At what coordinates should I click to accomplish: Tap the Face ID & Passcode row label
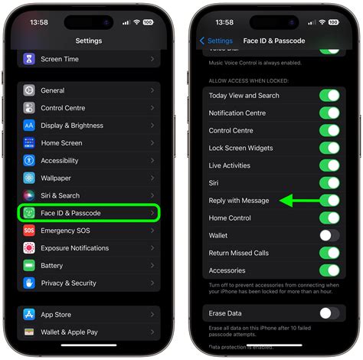coord(70,213)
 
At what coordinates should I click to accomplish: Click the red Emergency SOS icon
coord(29,231)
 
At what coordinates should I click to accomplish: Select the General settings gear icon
coord(29,90)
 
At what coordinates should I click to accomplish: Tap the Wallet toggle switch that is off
coord(329,235)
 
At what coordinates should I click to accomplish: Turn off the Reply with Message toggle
coord(329,201)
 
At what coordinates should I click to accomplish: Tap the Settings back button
coord(216,41)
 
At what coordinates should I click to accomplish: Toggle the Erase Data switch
coord(329,313)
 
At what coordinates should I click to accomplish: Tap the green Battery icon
coord(29,266)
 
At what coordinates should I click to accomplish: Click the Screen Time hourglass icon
coord(29,58)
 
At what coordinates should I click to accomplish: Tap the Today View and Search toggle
coord(329,96)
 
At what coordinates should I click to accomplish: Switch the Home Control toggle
coord(329,218)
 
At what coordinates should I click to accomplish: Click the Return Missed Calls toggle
coord(329,253)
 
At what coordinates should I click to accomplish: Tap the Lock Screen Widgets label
coord(241,148)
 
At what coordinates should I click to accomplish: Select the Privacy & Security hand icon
coord(29,283)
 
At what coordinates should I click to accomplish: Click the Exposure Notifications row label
coord(75,248)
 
